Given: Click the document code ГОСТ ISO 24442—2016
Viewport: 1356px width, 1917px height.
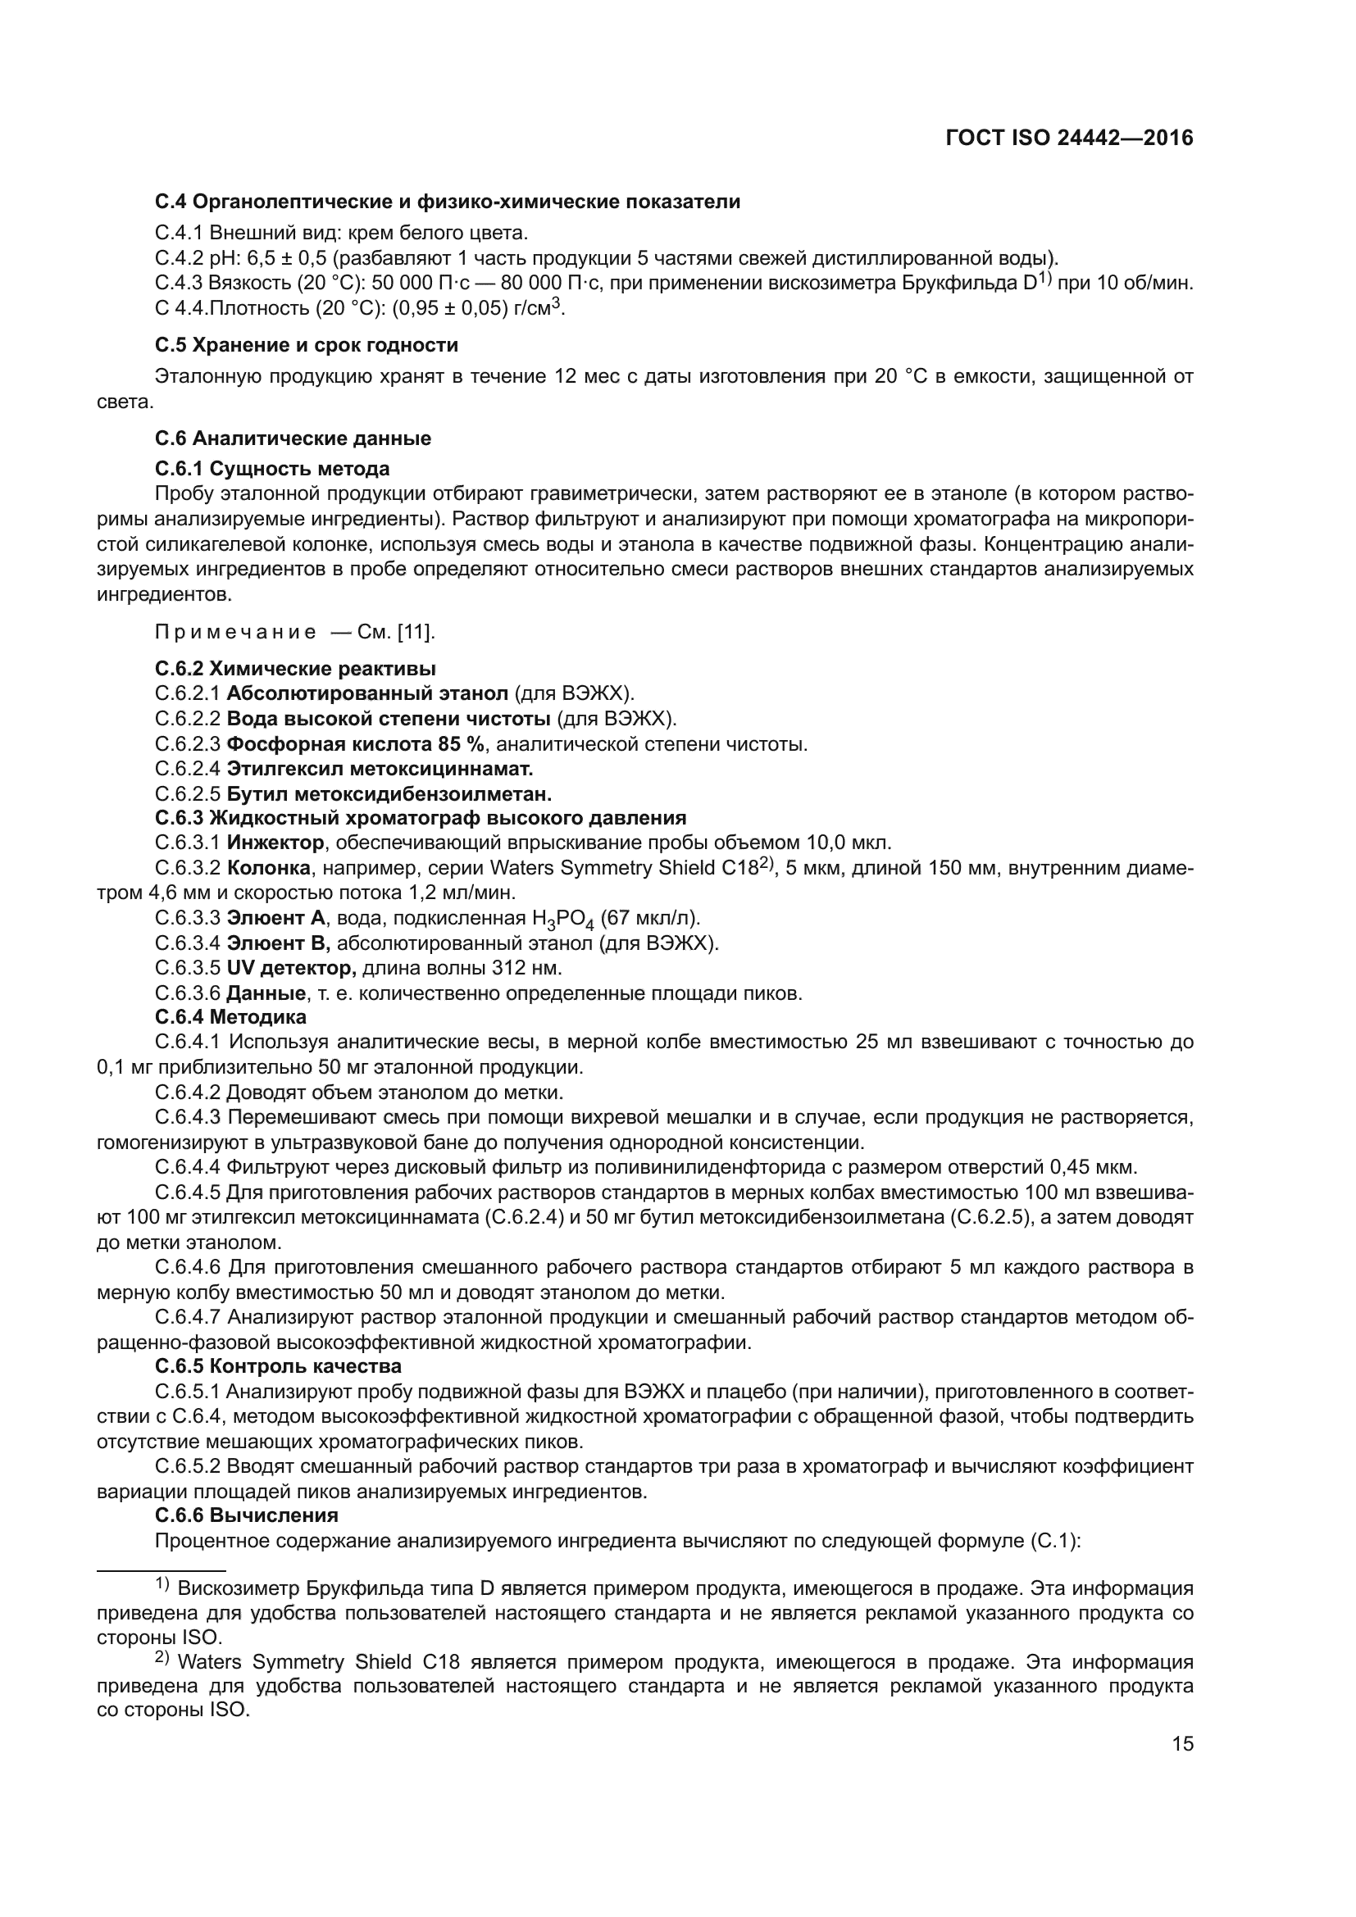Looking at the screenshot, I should pyautogui.click(x=1069, y=139).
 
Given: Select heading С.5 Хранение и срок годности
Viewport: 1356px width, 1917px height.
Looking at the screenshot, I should pyautogui.click(x=307, y=345).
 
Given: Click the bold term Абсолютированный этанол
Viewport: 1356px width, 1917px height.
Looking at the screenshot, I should pyautogui.click(x=367, y=693).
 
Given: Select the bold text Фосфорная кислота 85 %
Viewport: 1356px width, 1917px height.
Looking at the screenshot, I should pyautogui.click(x=356, y=743).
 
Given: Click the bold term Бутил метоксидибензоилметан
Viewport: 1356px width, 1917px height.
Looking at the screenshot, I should pyautogui.click(x=389, y=793).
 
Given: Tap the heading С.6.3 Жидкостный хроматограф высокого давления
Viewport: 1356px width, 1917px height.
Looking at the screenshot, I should pyautogui.click(x=421, y=817).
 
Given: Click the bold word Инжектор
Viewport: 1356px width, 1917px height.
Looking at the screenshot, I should pyautogui.click(x=275, y=842).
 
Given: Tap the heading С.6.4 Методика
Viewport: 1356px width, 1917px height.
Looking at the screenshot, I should pyautogui.click(x=230, y=1017).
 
